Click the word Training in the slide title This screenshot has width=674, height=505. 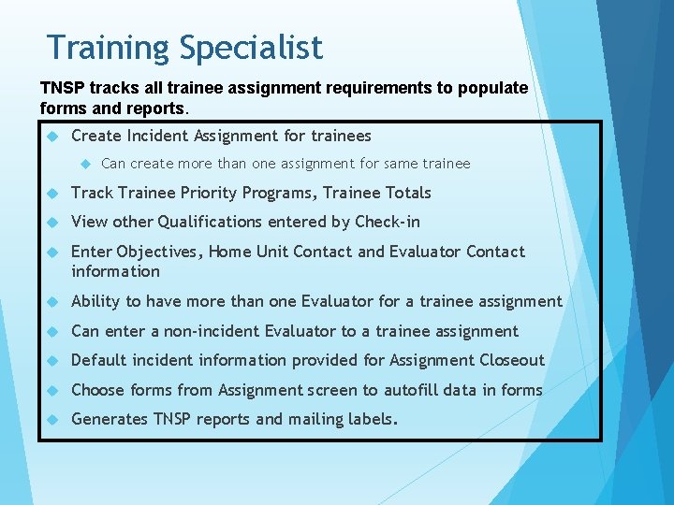click(103, 48)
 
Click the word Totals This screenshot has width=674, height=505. click(405, 193)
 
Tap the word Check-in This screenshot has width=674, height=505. click(387, 222)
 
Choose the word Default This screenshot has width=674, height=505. click(99, 360)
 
